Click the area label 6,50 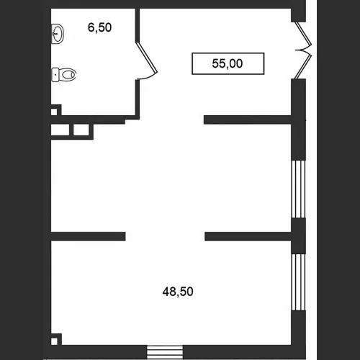click(x=99, y=27)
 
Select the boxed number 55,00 click(x=228, y=63)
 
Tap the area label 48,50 click(x=178, y=292)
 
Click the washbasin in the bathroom click(x=58, y=34)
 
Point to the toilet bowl click(x=68, y=74)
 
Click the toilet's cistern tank click(x=55, y=75)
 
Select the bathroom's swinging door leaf click(x=146, y=57)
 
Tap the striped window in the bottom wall click(x=165, y=352)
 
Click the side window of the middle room click(x=298, y=189)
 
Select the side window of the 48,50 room click(x=298, y=282)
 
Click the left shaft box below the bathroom click(x=60, y=130)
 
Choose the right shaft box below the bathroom click(x=81, y=130)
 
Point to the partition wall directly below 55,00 click(x=248, y=120)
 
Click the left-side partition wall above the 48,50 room click(x=88, y=236)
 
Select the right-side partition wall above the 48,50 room click(x=248, y=236)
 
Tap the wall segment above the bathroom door click(x=138, y=25)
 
